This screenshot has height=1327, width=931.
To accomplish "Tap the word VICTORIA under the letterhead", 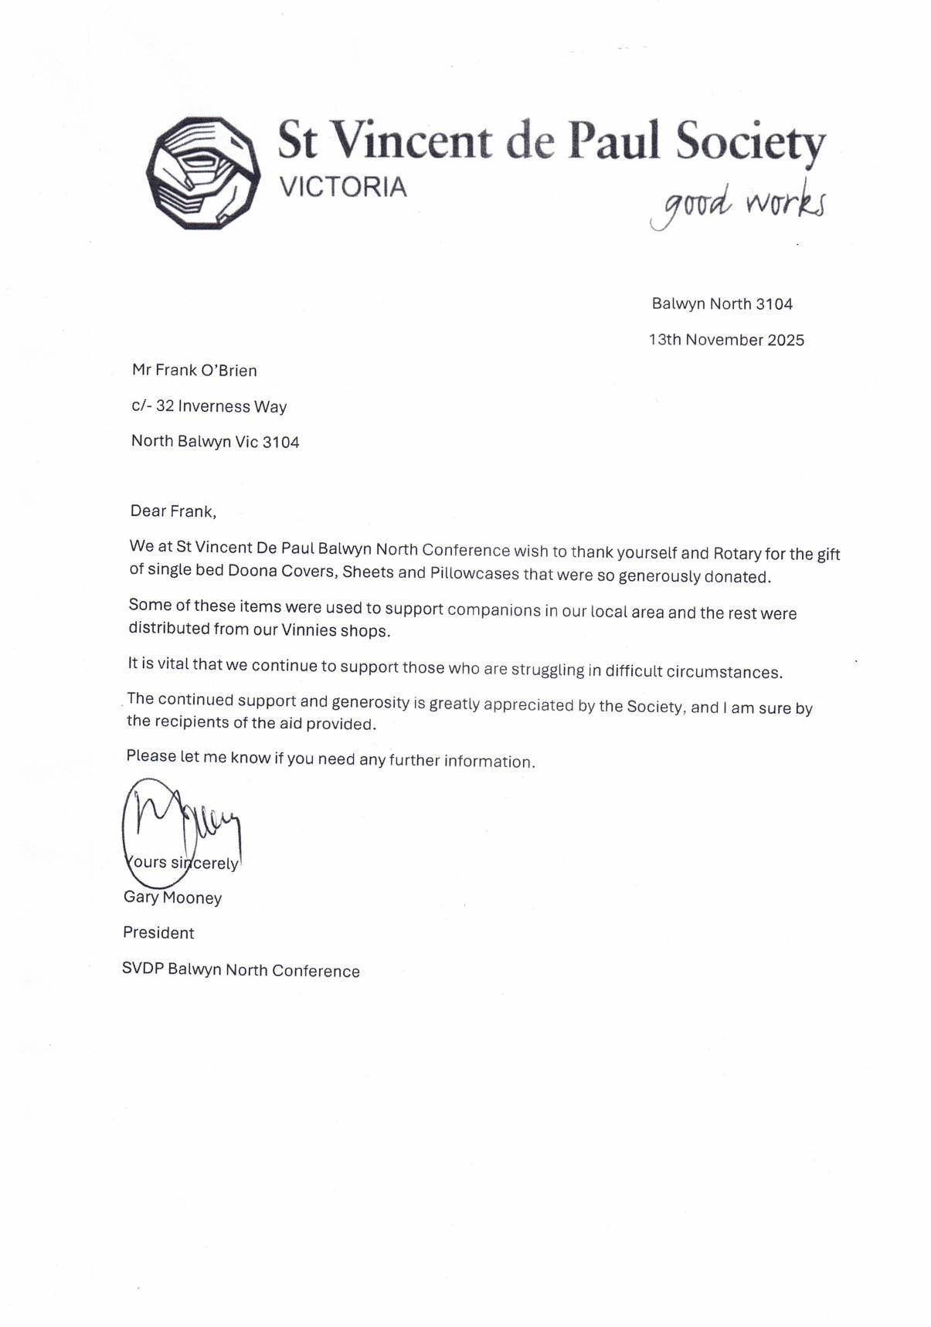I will (x=342, y=187).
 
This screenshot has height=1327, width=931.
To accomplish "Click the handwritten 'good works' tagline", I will (x=738, y=204).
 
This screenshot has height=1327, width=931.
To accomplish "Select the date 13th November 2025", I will (x=726, y=340).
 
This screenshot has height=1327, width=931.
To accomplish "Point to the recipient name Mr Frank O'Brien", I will (x=195, y=370).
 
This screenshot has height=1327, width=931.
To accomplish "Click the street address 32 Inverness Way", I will (x=221, y=406).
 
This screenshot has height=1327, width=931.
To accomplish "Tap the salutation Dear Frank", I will (x=173, y=511).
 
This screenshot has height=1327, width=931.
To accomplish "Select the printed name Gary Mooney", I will (x=172, y=898).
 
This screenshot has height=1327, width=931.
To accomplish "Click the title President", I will (x=158, y=932).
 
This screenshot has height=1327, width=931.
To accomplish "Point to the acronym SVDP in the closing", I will (x=143, y=969).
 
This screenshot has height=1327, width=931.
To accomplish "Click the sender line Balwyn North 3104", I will (x=722, y=304).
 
